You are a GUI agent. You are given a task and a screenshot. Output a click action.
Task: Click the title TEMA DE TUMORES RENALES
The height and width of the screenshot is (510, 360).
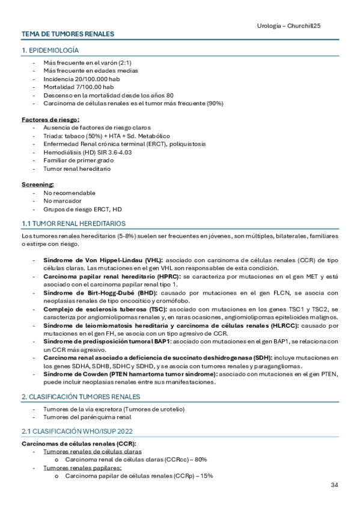coord(68,34)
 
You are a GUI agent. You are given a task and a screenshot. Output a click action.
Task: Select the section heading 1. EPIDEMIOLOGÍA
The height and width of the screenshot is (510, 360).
coord(50,51)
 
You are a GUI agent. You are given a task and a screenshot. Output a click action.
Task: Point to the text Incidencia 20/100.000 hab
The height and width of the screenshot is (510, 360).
coord(78,79)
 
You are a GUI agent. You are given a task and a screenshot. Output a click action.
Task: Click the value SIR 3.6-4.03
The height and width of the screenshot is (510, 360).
coord(114,152)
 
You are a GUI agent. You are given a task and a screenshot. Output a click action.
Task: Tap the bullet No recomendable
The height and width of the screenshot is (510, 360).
coord(70,193)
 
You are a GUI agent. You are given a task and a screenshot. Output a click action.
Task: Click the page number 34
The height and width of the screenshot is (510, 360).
coord(335,484)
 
